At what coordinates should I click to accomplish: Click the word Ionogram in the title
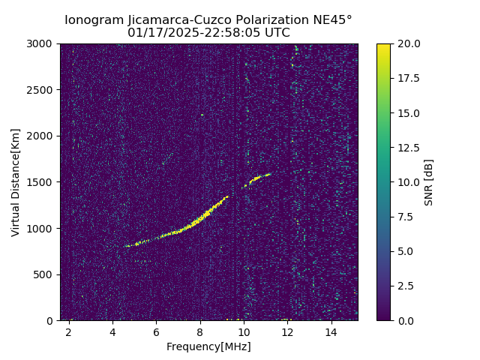click(x=94, y=20)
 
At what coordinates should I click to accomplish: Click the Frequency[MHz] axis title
click(x=208, y=346)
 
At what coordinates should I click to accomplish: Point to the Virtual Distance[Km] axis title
click(x=16, y=182)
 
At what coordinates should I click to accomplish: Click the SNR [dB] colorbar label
click(x=429, y=182)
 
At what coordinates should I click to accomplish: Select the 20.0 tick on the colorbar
click(x=407, y=44)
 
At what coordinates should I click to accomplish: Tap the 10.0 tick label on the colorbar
click(x=407, y=182)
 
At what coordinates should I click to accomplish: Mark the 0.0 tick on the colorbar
click(x=405, y=320)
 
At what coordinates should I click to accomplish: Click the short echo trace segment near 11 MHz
click(x=258, y=178)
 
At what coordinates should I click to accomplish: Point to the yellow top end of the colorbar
click(x=383, y=46)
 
